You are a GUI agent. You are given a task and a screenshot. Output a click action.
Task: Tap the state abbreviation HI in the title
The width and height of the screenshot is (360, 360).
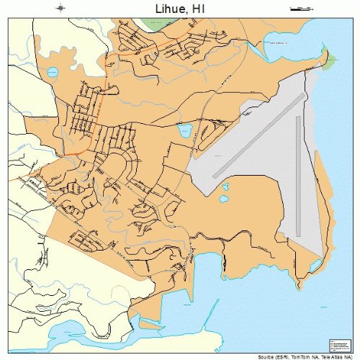[199, 9]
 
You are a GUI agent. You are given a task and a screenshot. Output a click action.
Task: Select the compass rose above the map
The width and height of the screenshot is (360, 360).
[61, 9]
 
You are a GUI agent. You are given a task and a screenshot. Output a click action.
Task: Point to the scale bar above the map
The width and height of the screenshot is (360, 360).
[299, 9]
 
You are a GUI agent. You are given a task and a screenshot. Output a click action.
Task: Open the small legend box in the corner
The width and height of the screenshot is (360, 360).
[338, 345]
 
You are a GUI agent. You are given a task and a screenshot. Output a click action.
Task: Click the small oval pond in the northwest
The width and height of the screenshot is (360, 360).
[52, 73]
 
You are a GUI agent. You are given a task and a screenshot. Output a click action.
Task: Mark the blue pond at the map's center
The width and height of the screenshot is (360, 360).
[185, 132]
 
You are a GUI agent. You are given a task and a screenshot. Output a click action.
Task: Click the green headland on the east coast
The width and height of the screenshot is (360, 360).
[328, 61]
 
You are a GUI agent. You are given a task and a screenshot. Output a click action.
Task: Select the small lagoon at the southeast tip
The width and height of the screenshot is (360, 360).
[314, 268]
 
